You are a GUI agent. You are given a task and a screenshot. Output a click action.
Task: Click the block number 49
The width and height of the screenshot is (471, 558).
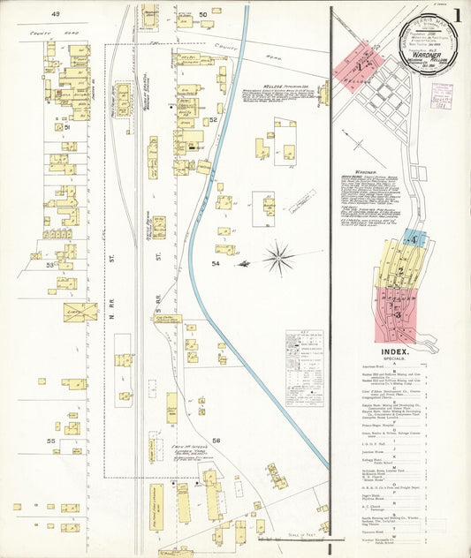pos(55,14)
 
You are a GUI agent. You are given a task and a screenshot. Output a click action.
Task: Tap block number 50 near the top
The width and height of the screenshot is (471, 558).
pos(202,14)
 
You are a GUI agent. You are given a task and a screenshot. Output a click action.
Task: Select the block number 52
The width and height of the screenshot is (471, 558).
pos(213,120)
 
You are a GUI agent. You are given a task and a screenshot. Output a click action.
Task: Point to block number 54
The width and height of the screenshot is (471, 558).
pos(216,263)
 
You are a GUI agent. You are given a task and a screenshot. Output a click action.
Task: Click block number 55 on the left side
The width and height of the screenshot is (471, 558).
pos(52,440)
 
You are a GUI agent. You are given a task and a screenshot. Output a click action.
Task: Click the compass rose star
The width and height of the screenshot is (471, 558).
pos(278,258)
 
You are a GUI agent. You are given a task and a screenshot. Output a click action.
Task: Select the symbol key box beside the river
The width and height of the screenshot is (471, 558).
pos(303,367)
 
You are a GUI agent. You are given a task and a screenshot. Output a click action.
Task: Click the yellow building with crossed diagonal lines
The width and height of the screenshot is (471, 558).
pos(80,311)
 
